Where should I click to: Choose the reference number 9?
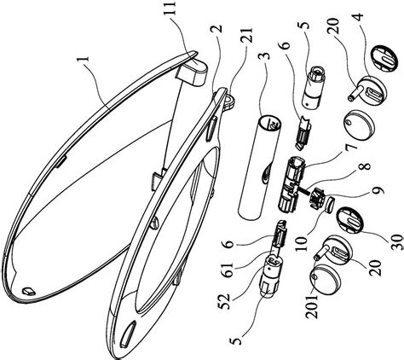[378, 189]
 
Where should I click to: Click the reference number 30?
[398, 241]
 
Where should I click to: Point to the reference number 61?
[228, 270]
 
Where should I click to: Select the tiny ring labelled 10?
[330, 205]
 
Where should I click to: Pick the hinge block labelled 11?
[192, 72]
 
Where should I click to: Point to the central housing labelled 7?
[291, 185]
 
